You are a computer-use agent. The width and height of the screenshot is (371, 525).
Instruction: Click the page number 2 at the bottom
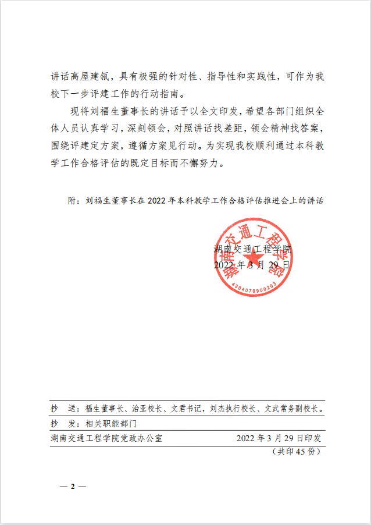coord(73,487)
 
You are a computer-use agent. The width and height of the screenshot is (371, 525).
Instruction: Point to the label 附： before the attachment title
coord(74,201)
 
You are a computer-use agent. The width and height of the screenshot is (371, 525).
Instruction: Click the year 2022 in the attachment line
coord(157,201)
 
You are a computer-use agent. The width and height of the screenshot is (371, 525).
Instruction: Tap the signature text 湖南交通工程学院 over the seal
coord(252,249)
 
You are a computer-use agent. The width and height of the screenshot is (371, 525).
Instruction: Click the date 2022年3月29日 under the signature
coord(251,265)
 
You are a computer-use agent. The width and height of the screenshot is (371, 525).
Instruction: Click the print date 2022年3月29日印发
coord(279,438)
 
